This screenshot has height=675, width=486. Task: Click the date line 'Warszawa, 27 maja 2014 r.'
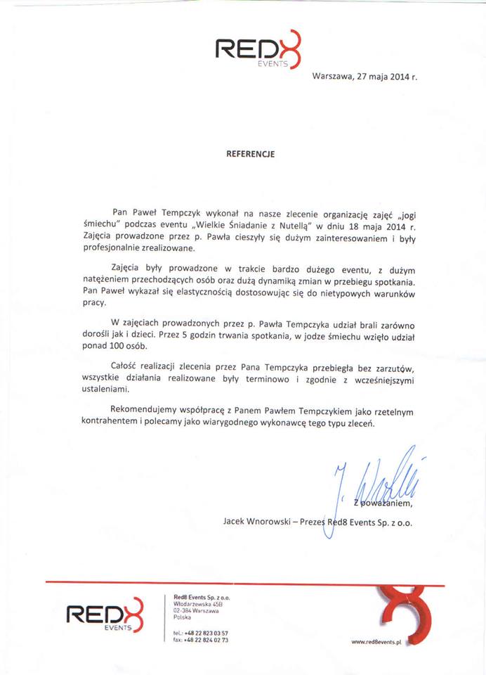tap(364, 75)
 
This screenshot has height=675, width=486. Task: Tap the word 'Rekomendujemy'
tap(145, 409)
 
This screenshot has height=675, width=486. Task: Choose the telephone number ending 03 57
tap(199, 634)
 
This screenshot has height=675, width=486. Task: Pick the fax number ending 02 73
tap(199, 641)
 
